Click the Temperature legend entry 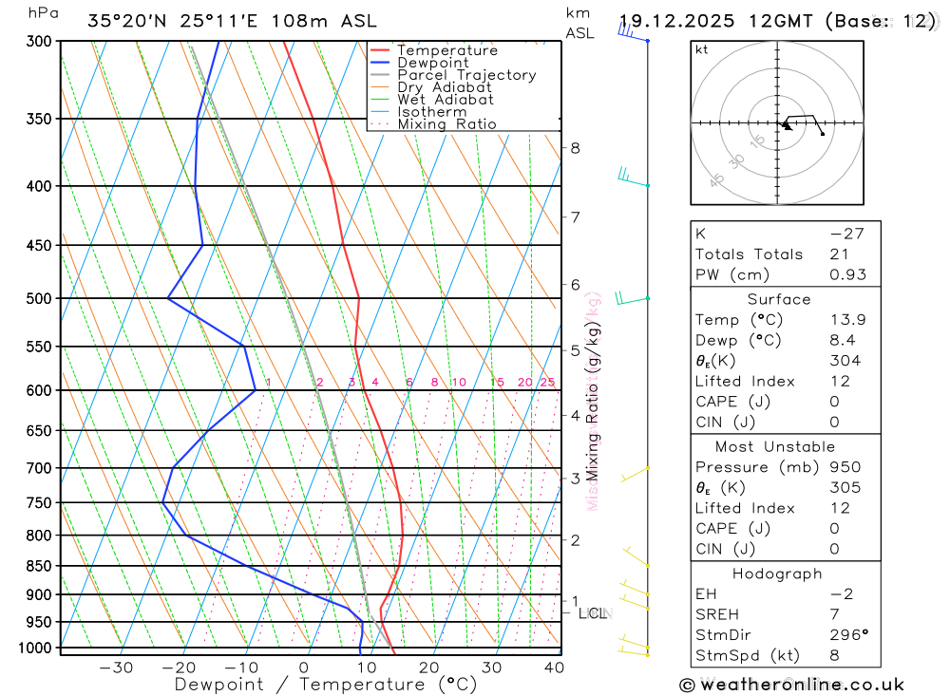pyautogui.click(x=446, y=50)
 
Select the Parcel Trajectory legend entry pyautogui.click(x=465, y=75)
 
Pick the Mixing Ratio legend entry pyautogui.click(x=446, y=124)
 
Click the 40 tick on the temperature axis pyautogui.click(x=554, y=668)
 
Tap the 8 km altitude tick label pyautogui.click(x=575, y=148)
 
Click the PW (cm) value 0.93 pyautogui.click(x=848, y=275)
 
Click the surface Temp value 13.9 pyautogui.click(x=847, y=320)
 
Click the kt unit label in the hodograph pyautogui.click(x=702, y=50)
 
